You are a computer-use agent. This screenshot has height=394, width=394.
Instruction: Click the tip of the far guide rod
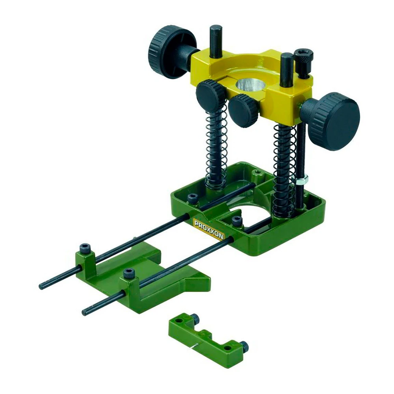point(41,286)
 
